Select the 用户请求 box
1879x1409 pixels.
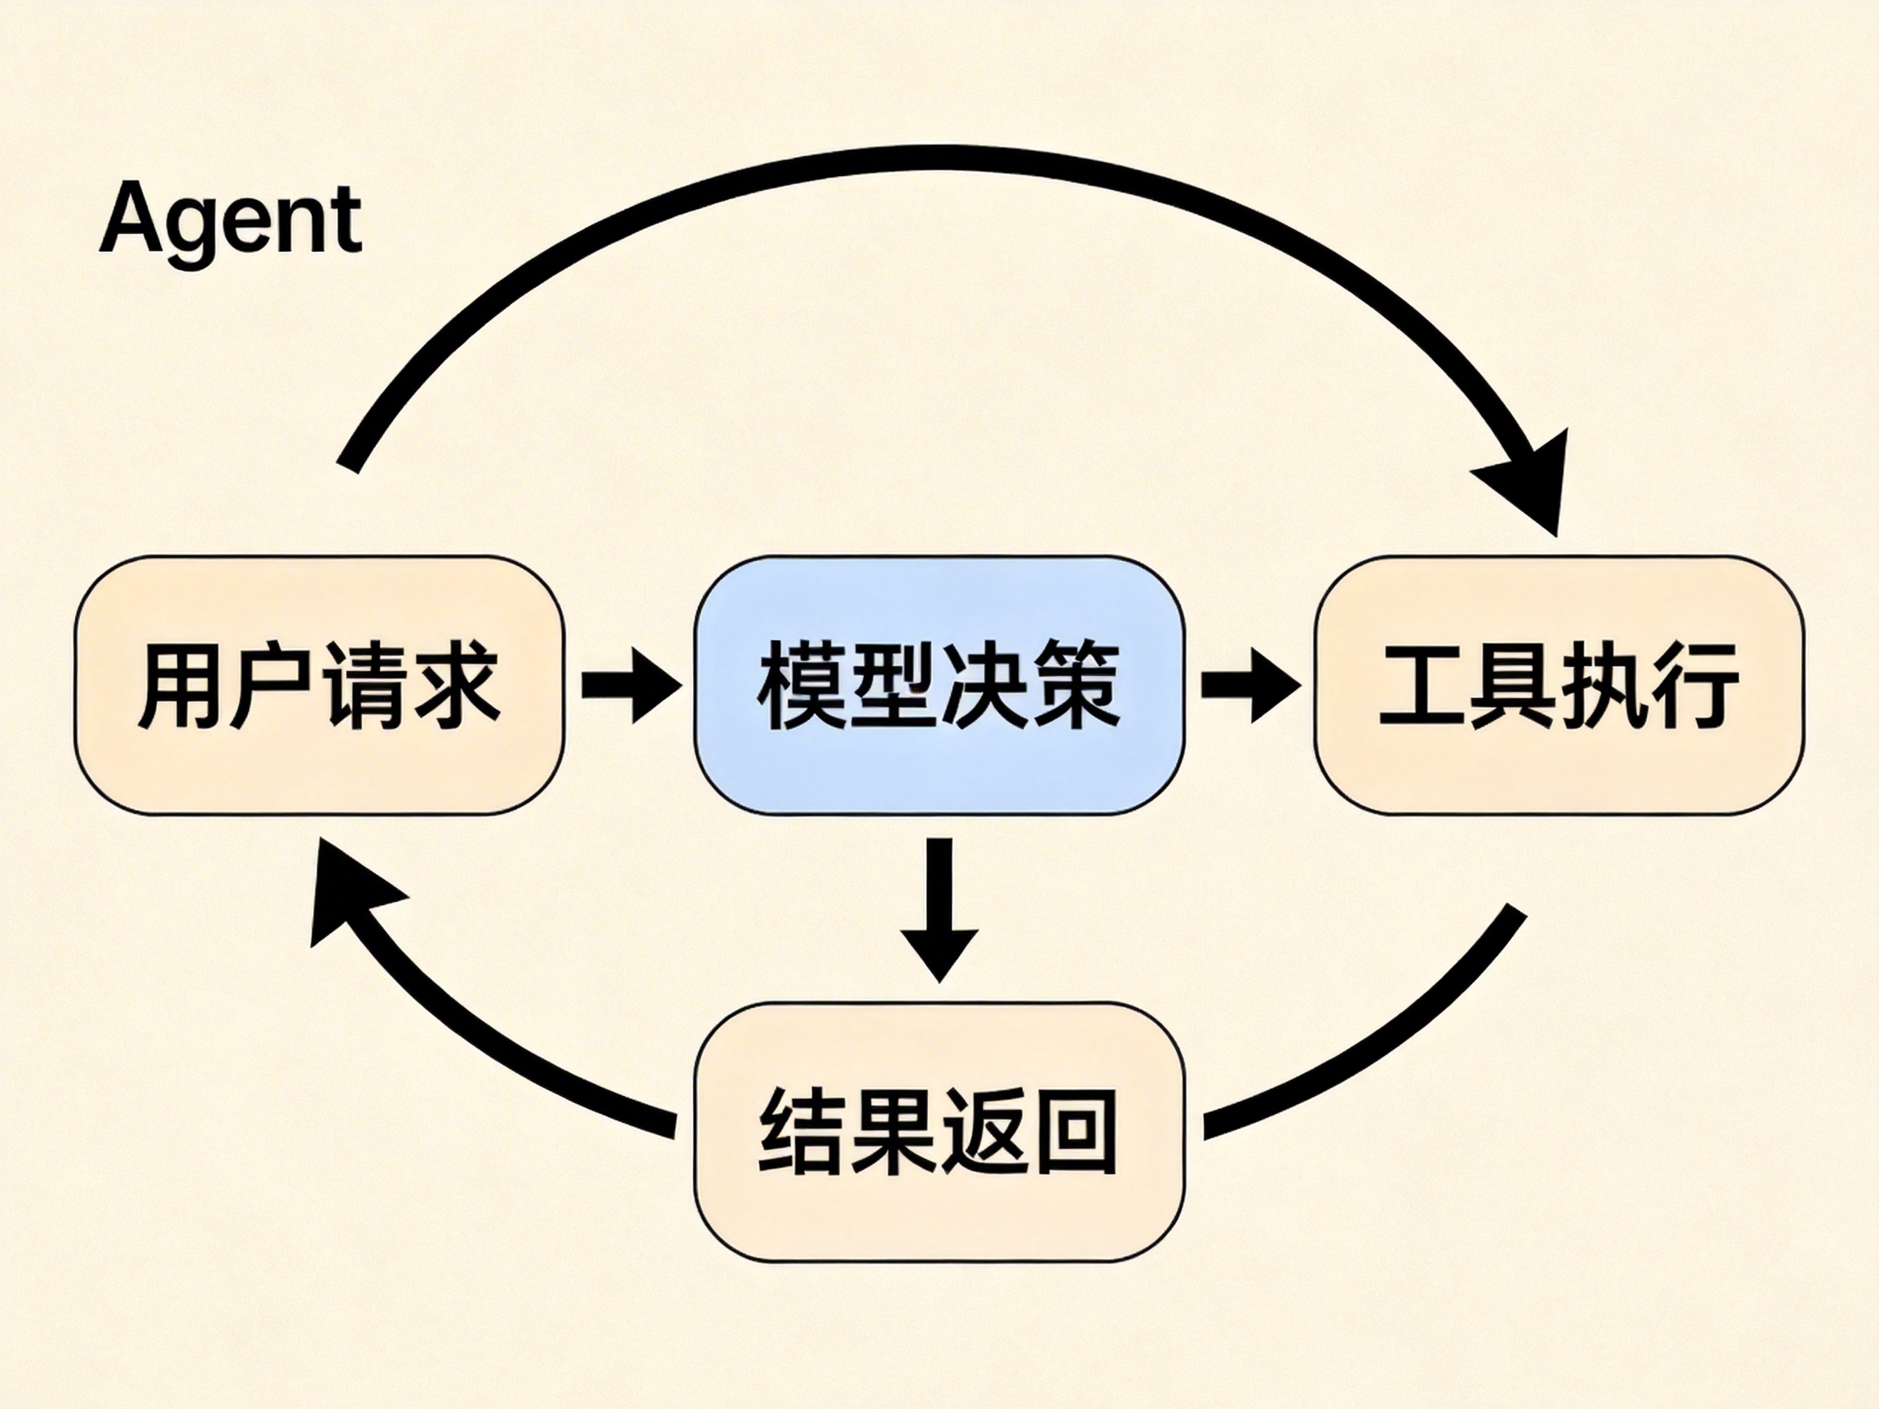[319, 685]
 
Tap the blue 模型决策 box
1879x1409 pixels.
[939, 685]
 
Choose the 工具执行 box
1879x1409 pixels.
[1558, 685]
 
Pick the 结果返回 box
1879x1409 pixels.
[939, 1132]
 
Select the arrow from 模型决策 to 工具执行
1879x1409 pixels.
[1249, 685]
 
